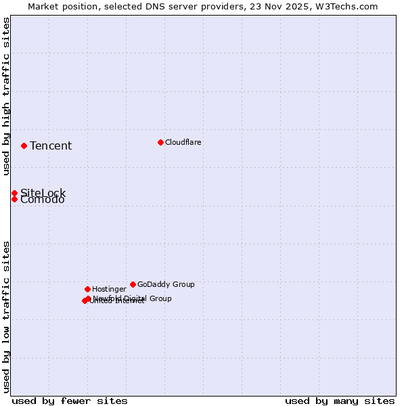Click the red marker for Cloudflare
[x=160, y=142]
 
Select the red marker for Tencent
[x=24, y=145]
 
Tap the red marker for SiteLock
[x=14, y=193]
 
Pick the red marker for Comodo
[x=14, y=199]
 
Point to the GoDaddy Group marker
[x=133, y=284]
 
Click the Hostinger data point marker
[x=87, y=289]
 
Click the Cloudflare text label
[x=183, y=142]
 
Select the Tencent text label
[x=51, y=146]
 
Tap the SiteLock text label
[x=43, y=193]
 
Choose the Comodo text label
[x=43, y=200]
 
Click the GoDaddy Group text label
[x=166, y=284]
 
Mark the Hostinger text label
[x=109, y=289]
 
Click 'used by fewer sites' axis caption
[x=70, y=401]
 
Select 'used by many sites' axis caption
[x=340, y=401]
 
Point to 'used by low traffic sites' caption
[x=6, y=316]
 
